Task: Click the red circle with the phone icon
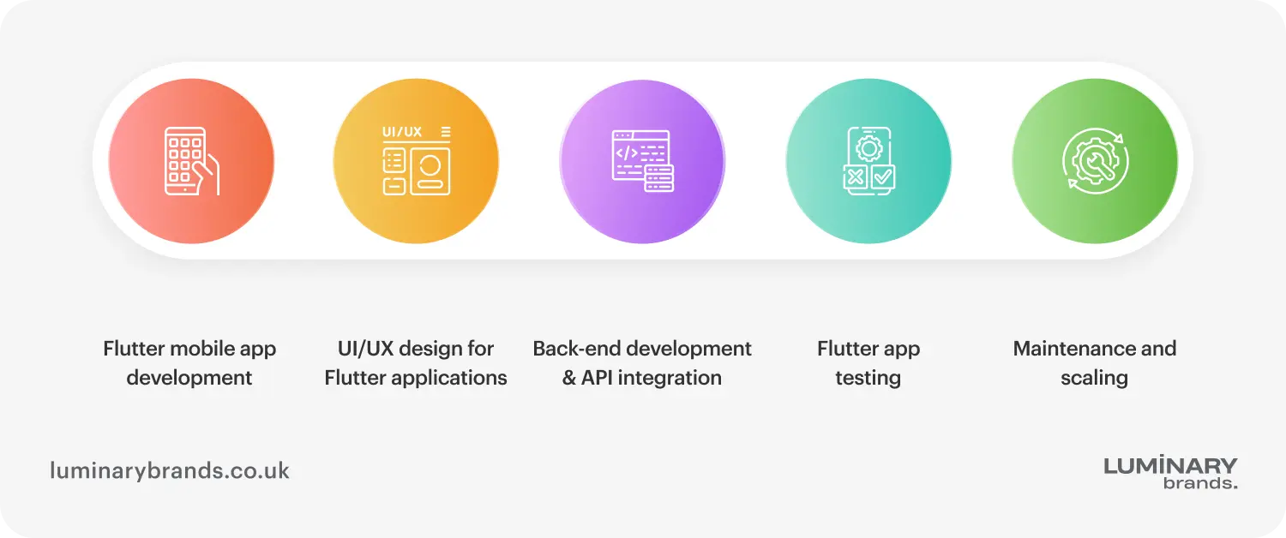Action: point(191,161)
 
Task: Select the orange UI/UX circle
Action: point(416,161)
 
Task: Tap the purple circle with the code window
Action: point(642,161)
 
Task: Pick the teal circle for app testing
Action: point(868,161)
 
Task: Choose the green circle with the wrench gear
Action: point(1095,161)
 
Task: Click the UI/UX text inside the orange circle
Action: point(402,132)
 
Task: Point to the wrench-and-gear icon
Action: point(1095,160)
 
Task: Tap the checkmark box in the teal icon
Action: point(882,177)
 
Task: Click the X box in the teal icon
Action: point(855,177)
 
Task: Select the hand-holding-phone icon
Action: point(191,161)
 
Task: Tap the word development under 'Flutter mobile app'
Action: point(189,378)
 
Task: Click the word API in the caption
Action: point(600,378)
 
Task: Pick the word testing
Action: point(868,378)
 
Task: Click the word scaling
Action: point(1094,378)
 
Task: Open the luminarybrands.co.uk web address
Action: point(170,470)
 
